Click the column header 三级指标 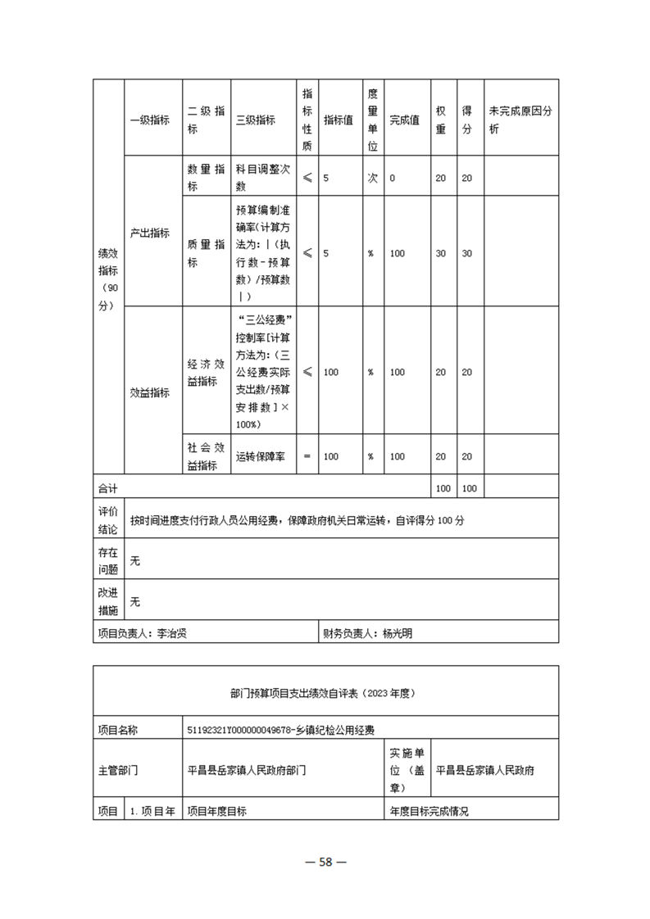tap(255, 120)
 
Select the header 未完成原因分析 tap(520, 120)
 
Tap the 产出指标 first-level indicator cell tap(149, 233)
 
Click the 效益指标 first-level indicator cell tap(149, 392)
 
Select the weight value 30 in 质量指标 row tap(440, 254)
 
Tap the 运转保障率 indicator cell tap(260, 457)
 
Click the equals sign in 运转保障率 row tap(307, 457)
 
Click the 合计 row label tap(107, 488)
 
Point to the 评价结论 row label tap(107, 520)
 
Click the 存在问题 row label tap(107, 561)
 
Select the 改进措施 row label tap(107, 601)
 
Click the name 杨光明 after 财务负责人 tap(398, 633)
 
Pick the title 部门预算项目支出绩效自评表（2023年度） tap(325, 693)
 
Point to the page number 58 tap(325, 861)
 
